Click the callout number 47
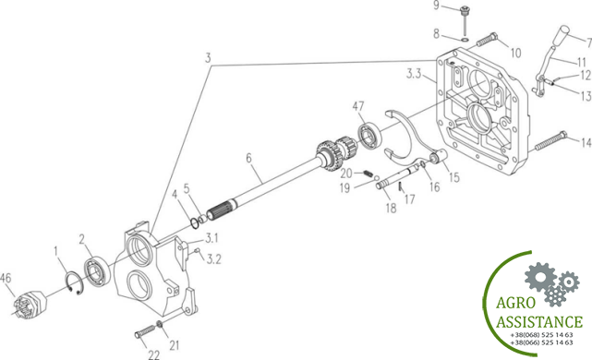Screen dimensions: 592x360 [358, 106]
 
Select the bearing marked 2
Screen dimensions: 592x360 [97, 270]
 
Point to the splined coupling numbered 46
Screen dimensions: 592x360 [29, 305]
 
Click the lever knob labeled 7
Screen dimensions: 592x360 [564, 31]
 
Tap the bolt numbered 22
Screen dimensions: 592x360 [145, 331]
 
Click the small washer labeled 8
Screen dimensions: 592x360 [465, 39]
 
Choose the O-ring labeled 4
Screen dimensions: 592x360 [195, 223]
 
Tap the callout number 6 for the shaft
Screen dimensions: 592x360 [248, 158]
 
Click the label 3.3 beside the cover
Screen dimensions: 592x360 [414, 73]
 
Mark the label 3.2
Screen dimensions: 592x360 [213, 259]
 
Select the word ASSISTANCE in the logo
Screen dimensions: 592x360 [539, 322]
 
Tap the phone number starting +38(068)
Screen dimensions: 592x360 [541, 335]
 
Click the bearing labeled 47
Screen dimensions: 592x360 [369, 135]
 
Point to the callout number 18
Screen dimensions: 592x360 [392, 207]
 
